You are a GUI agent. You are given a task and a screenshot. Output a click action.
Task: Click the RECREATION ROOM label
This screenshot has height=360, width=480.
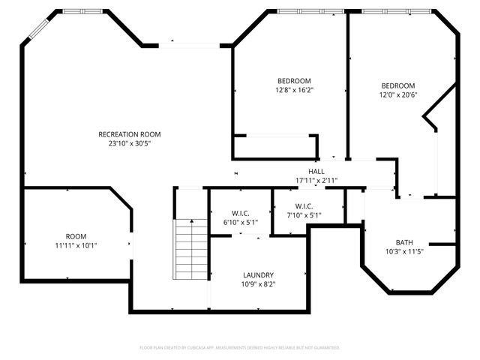coord(130,134)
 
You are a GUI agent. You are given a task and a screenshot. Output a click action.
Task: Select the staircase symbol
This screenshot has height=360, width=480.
coord(190,248)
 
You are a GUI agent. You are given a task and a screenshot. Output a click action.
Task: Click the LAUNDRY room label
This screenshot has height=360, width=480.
coord(258,275)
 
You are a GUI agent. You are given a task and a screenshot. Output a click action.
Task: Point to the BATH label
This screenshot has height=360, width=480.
coord(404,242)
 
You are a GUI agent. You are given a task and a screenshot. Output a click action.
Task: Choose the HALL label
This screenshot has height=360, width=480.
coord(316,172)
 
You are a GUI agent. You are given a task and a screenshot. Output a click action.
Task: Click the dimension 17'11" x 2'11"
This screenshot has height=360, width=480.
coord(316,181)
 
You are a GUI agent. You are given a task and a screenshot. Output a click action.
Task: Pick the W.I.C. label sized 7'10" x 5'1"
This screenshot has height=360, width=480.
coord(304,206)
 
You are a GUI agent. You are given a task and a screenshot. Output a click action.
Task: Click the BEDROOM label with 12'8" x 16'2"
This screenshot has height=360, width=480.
coord(294,81)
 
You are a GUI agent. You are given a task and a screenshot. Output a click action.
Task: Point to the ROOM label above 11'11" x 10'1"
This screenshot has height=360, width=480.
coord(76,236)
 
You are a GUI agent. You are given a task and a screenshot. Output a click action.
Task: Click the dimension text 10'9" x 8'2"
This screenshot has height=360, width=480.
coord(258,284)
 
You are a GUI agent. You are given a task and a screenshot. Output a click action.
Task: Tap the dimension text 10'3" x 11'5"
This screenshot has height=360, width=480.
coord(404,251)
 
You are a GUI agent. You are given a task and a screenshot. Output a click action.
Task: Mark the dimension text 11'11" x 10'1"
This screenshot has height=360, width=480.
coord(76,245)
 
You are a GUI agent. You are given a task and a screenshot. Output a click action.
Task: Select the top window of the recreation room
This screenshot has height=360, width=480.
coord(73,11)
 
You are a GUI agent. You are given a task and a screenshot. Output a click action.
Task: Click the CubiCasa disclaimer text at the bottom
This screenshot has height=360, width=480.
coord(240,348)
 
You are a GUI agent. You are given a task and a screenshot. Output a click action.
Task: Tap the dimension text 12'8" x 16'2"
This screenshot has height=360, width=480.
coord(294,90)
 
